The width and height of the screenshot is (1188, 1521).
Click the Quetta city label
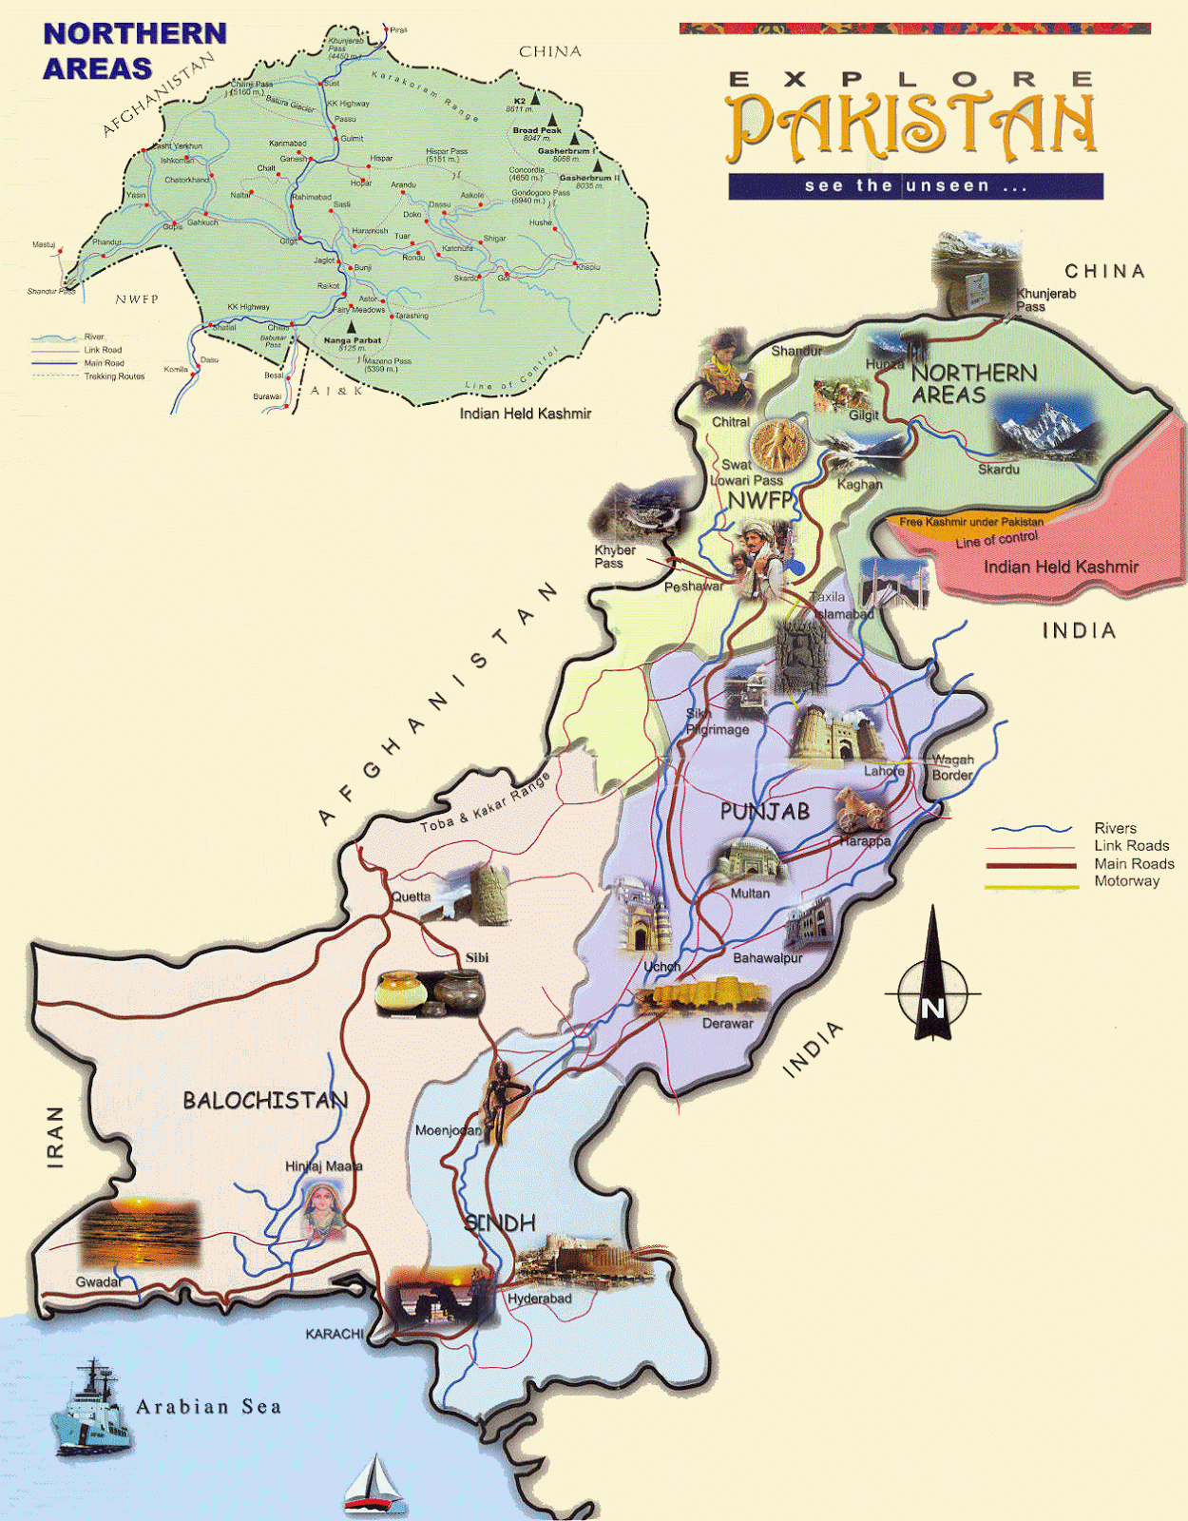click(411, 896)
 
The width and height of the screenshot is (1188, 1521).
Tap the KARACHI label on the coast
click(334, 1334)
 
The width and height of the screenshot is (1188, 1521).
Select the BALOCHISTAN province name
click(265, 1100)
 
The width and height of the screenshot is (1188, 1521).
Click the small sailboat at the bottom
click(374, 1483)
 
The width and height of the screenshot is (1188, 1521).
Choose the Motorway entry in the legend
click(1126, 881)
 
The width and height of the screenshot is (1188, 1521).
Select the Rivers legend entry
click(1114, 828)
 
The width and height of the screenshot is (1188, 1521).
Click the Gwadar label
click(98, 1281)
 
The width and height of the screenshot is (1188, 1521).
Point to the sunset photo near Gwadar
click(140, 1233)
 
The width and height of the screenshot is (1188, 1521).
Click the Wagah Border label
click(952, 767)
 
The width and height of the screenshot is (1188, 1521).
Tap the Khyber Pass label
click(614, 556)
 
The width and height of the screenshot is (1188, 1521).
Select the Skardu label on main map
click(998, 470)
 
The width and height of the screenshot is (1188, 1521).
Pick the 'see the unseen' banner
click(915, 186)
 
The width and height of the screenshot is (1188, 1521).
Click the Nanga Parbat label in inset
click(352, 339)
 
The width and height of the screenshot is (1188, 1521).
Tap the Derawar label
click(727, 1024)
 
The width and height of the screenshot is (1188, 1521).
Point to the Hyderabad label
click(539, 1299)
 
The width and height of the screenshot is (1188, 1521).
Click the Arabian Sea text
click(208, 1407)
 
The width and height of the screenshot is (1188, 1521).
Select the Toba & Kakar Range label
click(486, 804)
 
